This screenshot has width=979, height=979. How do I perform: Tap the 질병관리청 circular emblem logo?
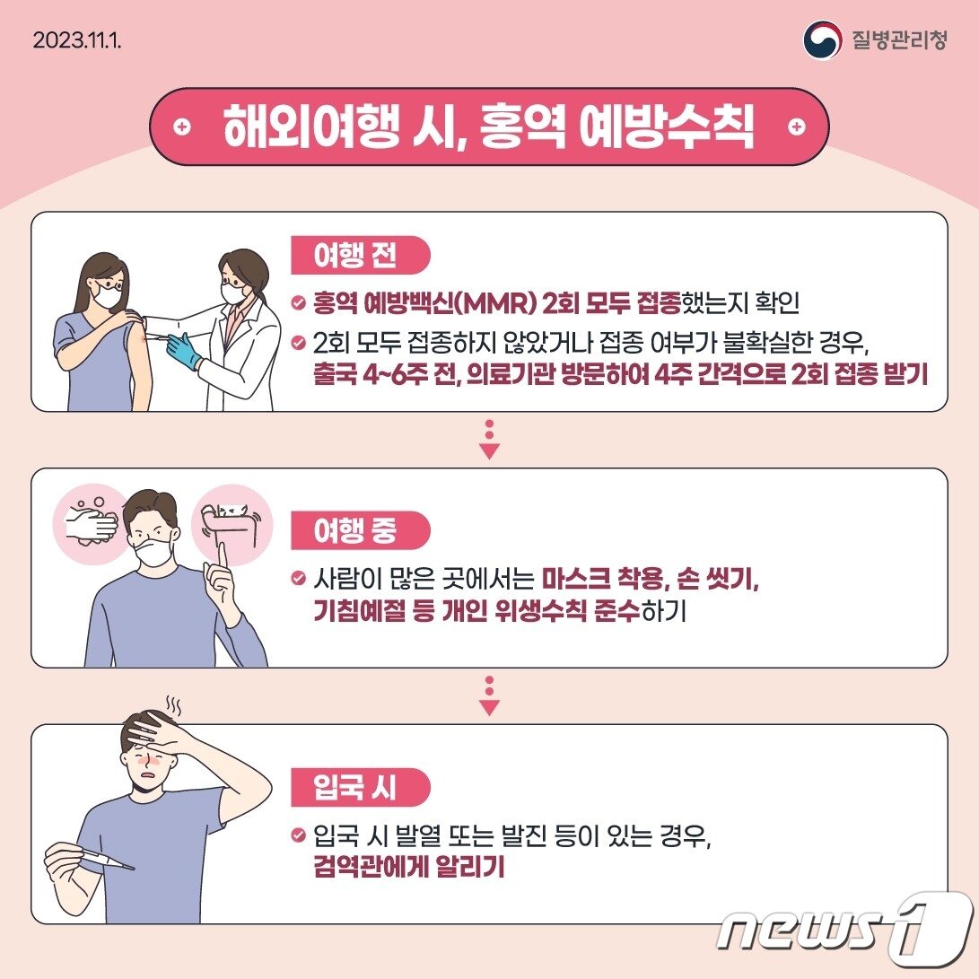click(822, 40)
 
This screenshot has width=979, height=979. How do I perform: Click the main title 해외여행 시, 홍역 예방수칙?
click(489, 127)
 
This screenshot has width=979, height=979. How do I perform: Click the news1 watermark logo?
click(844, 925)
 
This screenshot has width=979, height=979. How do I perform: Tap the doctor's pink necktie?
click(232, 323)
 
